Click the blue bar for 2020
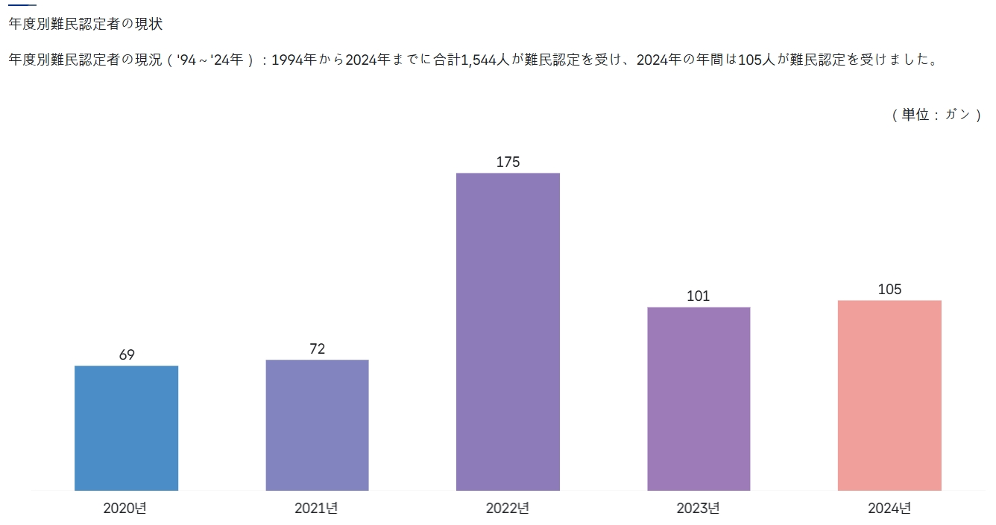[x=126, y=428]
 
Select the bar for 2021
[x=317, y=425]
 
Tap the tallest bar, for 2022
[x=508, y=332]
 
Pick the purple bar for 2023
[x=699, y=398]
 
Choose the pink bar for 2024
[x=889, y=395]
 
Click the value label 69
[x=127, y=354]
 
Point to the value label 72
[x=318, y=349]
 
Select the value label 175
[x=508, y=162]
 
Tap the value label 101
[x=699, y=296]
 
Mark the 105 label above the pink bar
[x=889, y=289]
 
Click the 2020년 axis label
[x=125, y=509]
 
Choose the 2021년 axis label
[x=316, y=509]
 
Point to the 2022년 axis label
[x=508, y=509]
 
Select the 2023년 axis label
[x=699, y=509]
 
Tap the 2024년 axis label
[x=889, y=509]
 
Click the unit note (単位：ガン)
[x=936, y=115]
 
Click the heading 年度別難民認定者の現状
[x=85, y=24]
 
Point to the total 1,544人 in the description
[x=482, y=60]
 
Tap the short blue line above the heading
[x=22, y=5]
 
